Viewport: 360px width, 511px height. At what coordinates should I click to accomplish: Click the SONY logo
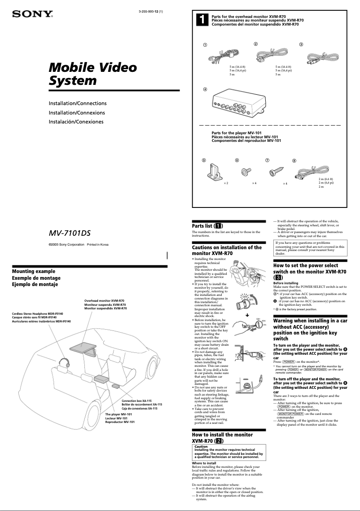(32, 14)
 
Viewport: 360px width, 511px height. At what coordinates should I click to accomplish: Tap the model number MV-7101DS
(70, 233)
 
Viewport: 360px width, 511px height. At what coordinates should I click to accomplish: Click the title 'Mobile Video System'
(92, 74)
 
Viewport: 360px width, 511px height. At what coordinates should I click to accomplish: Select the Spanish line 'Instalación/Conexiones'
(76, 122)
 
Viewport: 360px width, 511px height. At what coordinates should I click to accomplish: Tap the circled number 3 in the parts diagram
(301, 44)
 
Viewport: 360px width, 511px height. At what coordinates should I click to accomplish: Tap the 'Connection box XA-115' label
(136, 400)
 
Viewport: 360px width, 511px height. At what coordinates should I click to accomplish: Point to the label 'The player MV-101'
(119, 414)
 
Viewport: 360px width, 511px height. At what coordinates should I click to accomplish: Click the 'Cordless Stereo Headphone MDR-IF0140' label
(38, 313)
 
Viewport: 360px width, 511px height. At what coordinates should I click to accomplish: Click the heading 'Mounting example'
(34, 271)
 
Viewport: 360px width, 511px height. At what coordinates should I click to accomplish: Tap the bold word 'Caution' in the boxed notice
(201, 447)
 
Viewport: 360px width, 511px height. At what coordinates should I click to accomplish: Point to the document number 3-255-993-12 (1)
(147, 12)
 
